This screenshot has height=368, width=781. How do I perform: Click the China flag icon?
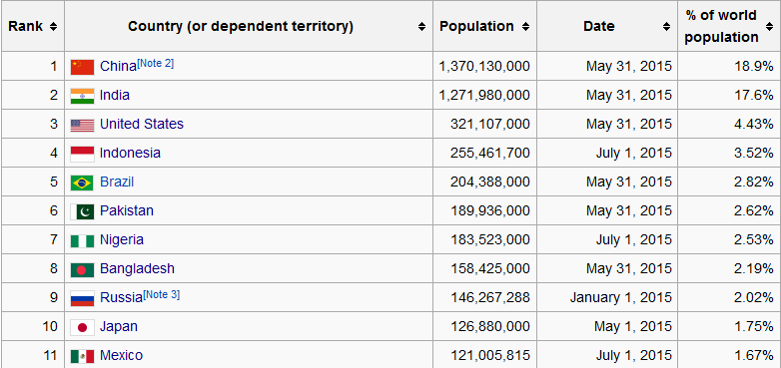coord(82,67)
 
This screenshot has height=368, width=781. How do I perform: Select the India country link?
coord(115,95)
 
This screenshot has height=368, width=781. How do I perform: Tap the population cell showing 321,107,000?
coord(490,124)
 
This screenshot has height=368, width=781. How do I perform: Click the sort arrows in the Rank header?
coord(53,27)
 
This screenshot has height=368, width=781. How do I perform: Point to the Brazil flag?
coord(82,183)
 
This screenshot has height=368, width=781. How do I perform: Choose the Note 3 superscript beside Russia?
coord(162,294)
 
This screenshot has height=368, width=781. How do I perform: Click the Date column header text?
coord(598,26)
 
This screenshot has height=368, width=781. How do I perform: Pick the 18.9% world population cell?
coord(754,66)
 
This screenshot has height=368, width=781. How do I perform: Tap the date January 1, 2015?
coord(620,297)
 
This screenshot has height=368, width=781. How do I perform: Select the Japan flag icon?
coord(82,327)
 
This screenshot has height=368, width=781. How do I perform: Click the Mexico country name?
coord(121,356)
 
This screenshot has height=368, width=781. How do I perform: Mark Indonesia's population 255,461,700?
coord(490,153)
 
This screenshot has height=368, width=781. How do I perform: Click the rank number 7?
coord(54,239)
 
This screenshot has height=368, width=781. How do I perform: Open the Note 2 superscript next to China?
coord(156,63)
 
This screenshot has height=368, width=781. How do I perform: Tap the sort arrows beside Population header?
coord(525,27)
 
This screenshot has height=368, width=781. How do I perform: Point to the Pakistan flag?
coord(82,211)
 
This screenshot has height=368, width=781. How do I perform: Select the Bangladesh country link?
coord(137,268)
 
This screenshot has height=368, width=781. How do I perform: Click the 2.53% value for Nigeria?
coord(754,239)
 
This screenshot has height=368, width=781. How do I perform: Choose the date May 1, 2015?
coord(632,327)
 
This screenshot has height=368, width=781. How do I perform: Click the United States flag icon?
coord(82,125)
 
